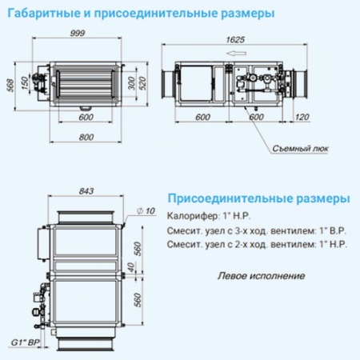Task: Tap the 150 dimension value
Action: click(x=24, y=83)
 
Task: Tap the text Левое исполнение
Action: click(x=261, y=276)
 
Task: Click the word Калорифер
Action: click(x=190, y=216)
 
